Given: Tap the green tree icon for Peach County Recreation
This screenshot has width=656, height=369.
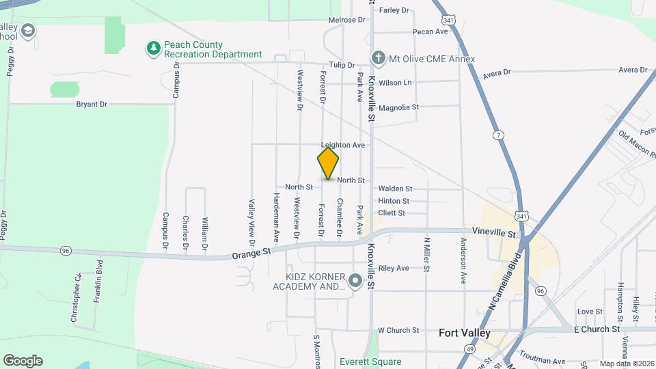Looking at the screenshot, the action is [x=154, y=48].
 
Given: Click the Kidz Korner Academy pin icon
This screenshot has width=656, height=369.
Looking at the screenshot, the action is [x=355, y=280].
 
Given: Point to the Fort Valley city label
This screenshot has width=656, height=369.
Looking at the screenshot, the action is [x=465, y=333].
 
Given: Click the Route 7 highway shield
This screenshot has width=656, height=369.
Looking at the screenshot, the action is [x=500, y=135].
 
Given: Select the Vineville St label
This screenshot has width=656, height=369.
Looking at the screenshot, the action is [x=493, y=234].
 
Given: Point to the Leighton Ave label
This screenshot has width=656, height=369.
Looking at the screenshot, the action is [x=343, y=146].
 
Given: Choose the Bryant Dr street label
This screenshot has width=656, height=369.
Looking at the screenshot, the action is [x=92, y=105].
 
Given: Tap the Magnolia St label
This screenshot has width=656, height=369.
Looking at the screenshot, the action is [x=398, y=107].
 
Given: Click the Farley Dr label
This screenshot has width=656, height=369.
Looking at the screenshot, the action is [x=394, y=10].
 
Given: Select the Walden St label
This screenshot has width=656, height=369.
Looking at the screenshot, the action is [x=395, y=189].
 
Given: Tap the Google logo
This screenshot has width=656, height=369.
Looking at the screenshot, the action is [x=23, y=361].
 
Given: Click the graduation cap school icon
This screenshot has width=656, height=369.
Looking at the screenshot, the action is [x=28, y=30].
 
